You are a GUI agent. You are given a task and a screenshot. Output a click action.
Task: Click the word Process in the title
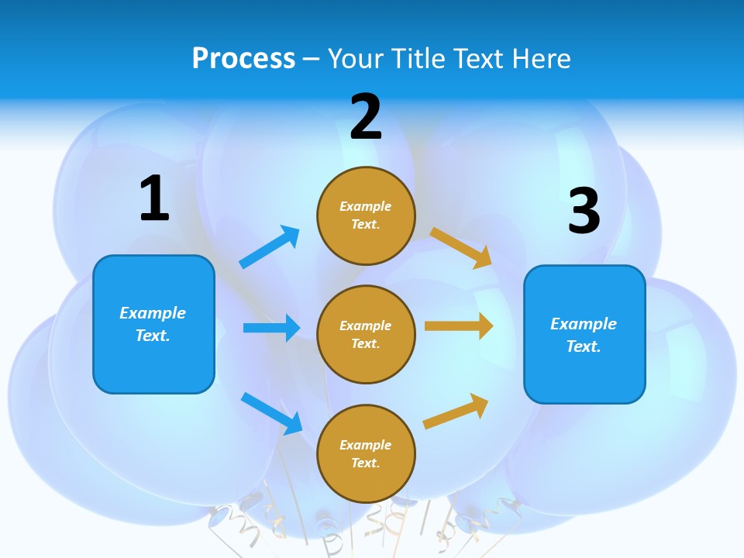click(243, 59)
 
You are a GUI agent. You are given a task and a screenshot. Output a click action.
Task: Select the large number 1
click(154, 199)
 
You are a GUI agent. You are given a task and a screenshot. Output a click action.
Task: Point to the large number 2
click(366, 118)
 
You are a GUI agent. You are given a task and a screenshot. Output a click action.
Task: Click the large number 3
click(584, 212)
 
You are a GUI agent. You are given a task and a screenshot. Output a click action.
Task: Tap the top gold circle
click(366, 215)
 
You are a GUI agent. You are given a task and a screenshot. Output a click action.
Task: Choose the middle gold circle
click(366, 335)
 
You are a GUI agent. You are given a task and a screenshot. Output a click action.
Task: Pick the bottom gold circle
click(366, 454)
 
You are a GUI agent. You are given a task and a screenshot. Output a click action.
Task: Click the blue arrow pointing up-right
click(270, 246)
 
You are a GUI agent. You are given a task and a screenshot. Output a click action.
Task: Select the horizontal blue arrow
click(271, 328)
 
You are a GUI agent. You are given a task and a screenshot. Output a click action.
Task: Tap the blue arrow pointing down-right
click(272, 412)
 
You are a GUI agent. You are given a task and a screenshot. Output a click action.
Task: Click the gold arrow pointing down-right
click(461, 247)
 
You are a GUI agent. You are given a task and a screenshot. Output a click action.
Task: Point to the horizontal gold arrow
click(459, 326)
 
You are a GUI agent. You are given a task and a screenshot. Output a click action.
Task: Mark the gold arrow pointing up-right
click(456, 412)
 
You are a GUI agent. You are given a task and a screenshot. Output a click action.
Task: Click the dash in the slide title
click(311, 60)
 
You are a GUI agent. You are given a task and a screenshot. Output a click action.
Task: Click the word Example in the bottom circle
click(366, 445)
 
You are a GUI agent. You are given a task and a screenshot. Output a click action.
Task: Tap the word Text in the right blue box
click(582, 346)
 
